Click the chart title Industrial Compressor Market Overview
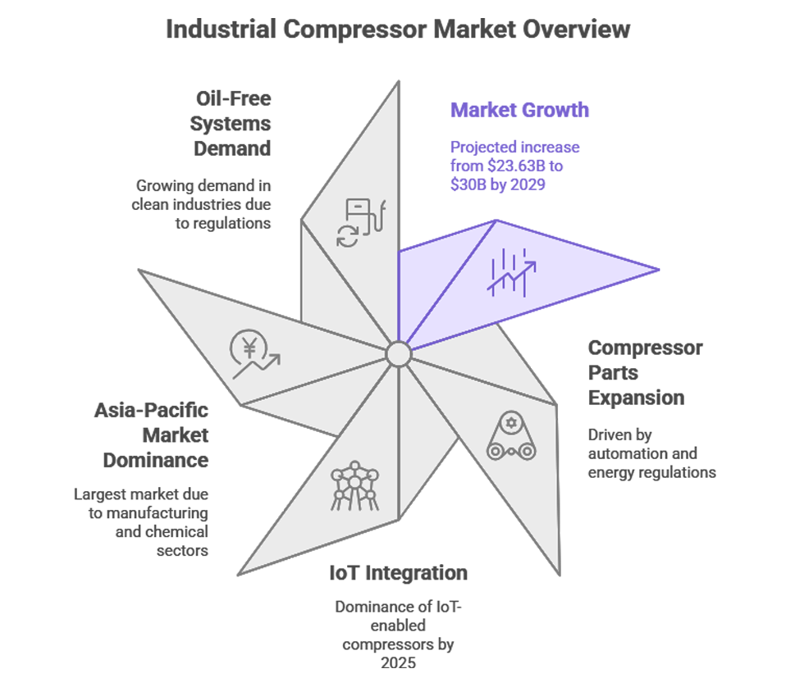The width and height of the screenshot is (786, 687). click(x=398, y=30)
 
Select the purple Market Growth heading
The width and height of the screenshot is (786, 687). click(x=519, y=110)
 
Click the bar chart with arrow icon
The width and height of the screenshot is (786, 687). click(x=511, y=271)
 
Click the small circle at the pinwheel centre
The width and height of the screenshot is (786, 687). click(x=398, y=354)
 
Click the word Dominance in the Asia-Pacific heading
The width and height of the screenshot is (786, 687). click(x=156, y=460)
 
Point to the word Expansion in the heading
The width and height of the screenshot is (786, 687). click(x=636, y=398)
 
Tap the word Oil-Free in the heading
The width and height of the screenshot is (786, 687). click(x=233, y=98)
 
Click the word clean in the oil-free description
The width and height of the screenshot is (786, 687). click(x=152, y=204)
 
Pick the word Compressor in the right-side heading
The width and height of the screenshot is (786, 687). click(x=645, y=348)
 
